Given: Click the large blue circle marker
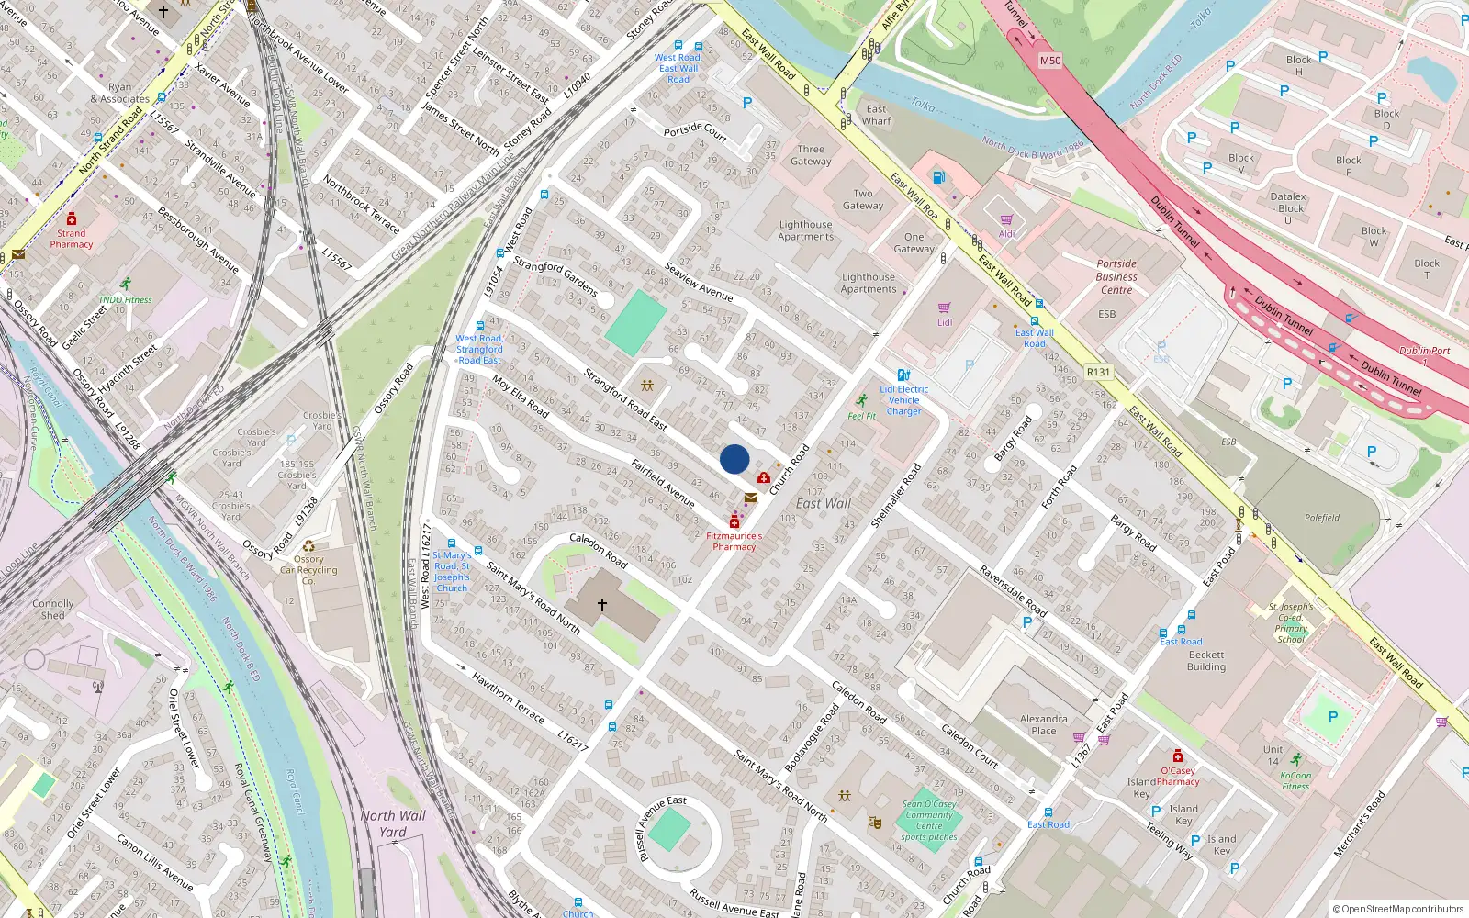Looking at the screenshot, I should [x=734, y=459].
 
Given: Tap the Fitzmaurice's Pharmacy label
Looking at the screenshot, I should [x=734, y=541].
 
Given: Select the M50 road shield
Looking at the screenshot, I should [x=1050, y=61].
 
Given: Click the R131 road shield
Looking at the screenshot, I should [x=1098, y=372].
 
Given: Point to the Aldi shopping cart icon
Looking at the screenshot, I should [x=1007, y=220].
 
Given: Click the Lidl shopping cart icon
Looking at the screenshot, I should [x=944, y=308].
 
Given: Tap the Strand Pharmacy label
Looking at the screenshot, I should [x=72, y=239].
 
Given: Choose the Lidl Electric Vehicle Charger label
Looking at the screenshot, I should [x=904, y=400].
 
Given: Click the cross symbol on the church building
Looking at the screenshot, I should [x=602, y=604].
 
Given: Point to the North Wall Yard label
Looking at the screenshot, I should [x=393, y=823].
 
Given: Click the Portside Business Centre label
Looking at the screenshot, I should [x=1116, y=276].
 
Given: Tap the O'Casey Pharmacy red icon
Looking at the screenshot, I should [x=1178, y=756].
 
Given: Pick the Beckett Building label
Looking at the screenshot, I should [x=1206, y=661].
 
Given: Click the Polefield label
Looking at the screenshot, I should [x=1322, y=518].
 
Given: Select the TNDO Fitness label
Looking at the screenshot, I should [x=126, y=299].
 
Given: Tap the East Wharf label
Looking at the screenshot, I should [x=877, y=115].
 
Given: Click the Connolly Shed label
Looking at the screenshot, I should [x=53, y=610].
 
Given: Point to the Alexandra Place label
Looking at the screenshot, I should [x=1044, y=725].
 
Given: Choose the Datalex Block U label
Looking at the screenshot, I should [x=1288, y=208].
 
